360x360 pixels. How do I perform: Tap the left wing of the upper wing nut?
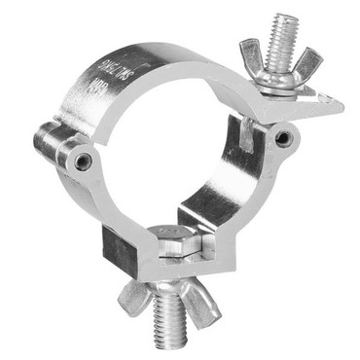pos(249,51)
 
